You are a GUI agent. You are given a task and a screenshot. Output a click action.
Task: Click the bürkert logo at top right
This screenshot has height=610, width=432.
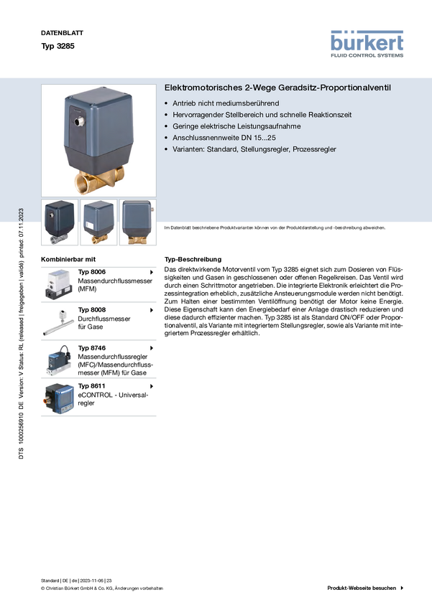367,43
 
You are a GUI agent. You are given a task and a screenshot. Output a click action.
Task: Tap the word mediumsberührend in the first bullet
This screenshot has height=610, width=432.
247,103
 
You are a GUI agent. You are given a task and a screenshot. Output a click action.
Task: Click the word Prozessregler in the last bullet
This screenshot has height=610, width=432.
314,149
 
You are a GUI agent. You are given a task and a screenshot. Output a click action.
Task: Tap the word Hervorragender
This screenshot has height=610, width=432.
198,115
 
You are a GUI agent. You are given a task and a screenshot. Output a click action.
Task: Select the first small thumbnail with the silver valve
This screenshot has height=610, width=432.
59,222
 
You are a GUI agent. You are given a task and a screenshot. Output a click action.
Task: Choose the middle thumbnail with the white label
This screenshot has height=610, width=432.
98,222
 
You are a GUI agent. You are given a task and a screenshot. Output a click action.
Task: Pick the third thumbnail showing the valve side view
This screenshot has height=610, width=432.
137,222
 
